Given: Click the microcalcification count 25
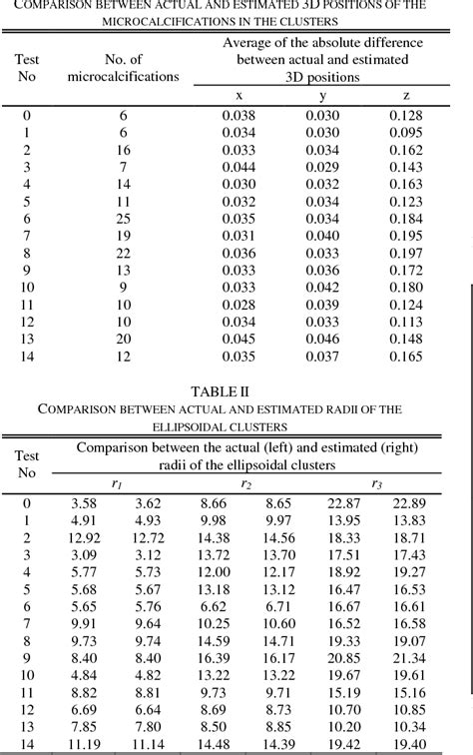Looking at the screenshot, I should (x=124, y=218).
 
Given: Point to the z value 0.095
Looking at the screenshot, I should (x=406, y=132).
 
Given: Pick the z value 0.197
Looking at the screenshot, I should (x=406, y=253).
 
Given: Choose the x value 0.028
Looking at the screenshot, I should (x=238, y=304).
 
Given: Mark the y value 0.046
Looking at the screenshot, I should (x=321, y=338).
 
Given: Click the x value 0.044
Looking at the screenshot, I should (x=238, y=167).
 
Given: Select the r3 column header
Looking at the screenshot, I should (x=376, y=484).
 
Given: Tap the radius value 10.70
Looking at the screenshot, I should (x=344, y=710).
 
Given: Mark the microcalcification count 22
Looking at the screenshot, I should (x=124, y=253).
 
